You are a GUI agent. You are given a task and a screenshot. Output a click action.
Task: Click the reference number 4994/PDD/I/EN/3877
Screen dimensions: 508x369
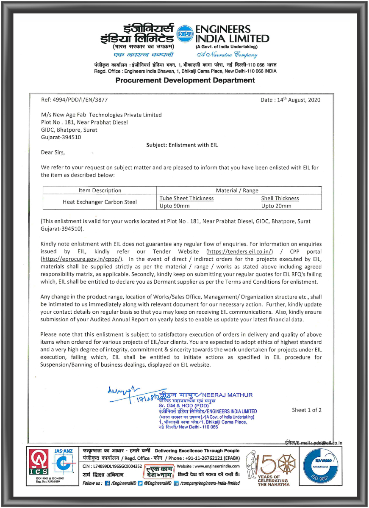[x=80, y=100]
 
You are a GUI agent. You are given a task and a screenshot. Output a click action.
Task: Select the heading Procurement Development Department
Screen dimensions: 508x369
[x=185, y=80]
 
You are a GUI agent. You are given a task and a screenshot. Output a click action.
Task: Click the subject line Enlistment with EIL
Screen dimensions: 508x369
[x=182, y=145]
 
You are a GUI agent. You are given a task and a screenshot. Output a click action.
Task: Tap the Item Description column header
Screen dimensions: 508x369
[x=100, y=190]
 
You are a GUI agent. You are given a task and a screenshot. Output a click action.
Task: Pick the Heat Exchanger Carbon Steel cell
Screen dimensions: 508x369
[x=100, y=202]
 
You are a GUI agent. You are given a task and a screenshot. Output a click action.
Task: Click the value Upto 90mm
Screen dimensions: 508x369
[x=175, y=206]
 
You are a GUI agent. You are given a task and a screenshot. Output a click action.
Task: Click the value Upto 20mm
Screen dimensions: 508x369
[x=276, y=206]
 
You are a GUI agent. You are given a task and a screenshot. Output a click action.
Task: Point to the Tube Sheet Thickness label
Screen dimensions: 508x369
[x=186, y=198]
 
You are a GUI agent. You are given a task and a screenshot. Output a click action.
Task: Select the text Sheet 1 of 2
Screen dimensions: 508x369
[x=306, y=410]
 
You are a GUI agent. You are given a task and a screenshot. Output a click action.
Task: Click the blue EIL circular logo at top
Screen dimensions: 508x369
[x=184, y=31]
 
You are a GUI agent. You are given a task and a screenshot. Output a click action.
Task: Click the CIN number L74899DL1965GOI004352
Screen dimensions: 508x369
[x=113, y=466]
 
